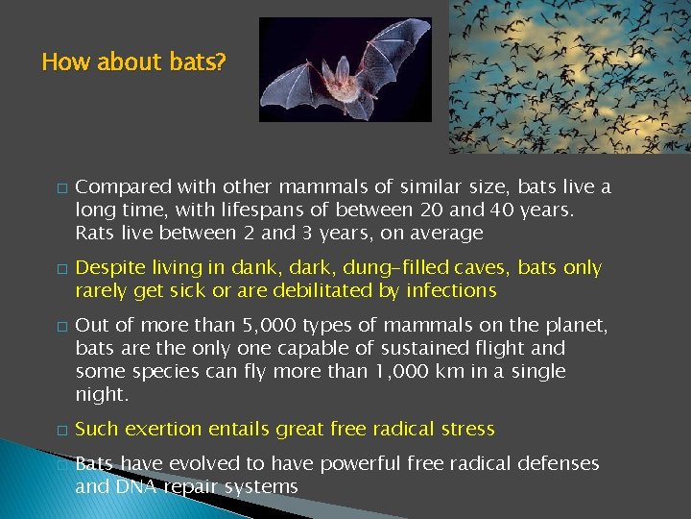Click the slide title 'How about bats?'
click(134, 62)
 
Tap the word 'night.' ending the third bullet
click(102, 395)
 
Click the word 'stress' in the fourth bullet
click(465, 430)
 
